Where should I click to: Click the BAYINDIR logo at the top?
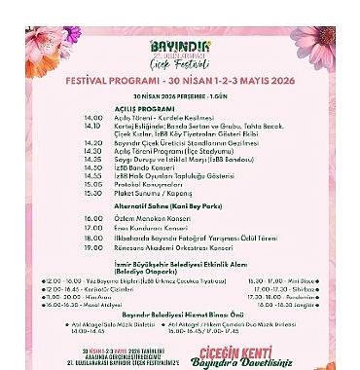179,46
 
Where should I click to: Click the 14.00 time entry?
93,118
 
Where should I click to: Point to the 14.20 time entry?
93,142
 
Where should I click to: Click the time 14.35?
93,158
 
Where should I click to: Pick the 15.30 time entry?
93,192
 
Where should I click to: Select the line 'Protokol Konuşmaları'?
147,183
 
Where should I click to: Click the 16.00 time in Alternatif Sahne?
93,218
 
